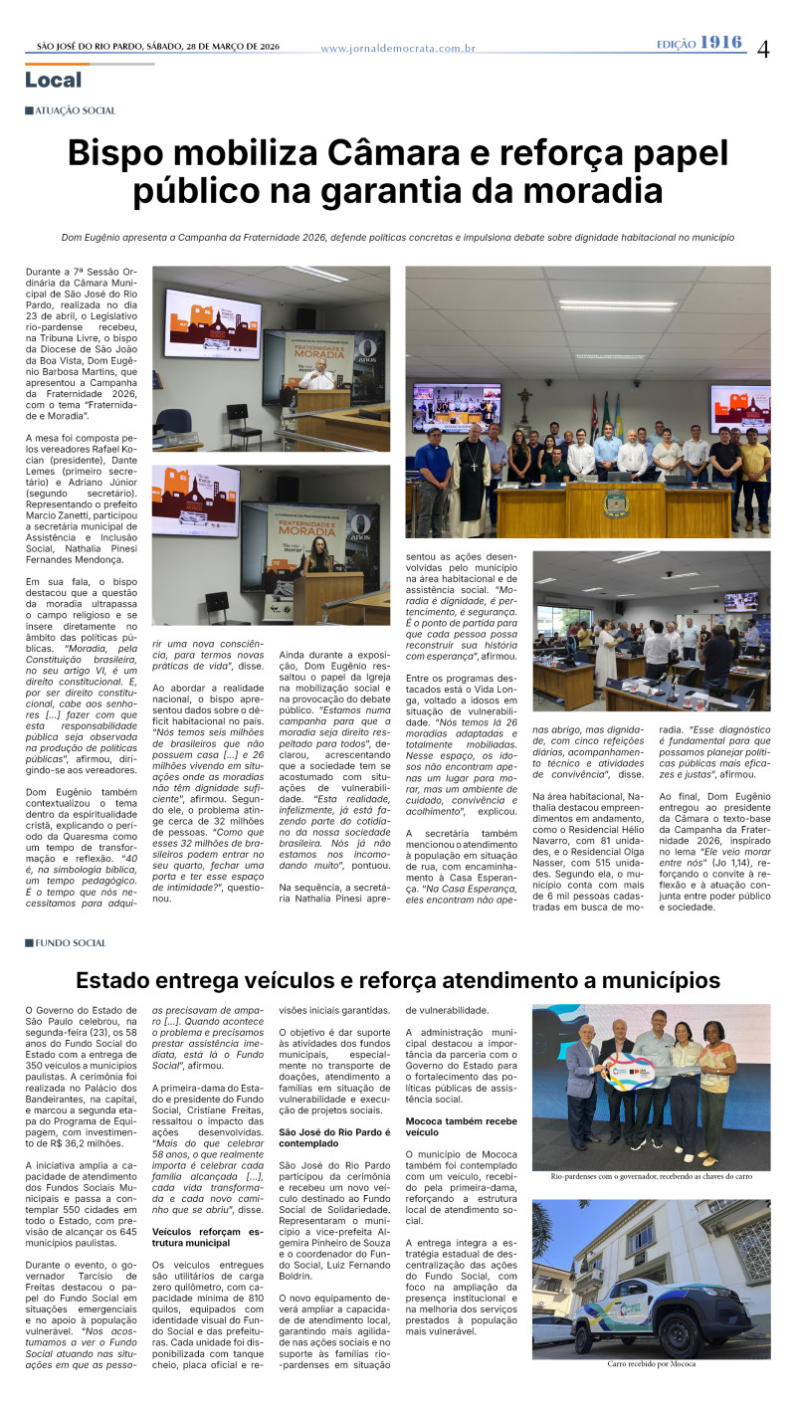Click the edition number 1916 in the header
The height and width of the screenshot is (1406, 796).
point(721,42)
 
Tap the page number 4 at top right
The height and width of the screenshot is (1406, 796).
point(763,48)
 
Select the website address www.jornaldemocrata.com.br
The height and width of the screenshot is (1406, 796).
point(398,48)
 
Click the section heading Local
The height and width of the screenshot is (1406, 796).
point(54,80)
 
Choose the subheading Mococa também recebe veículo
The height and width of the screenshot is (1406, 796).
point(462,1125)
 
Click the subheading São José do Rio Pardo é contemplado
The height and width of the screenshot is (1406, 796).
point(333,1137)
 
